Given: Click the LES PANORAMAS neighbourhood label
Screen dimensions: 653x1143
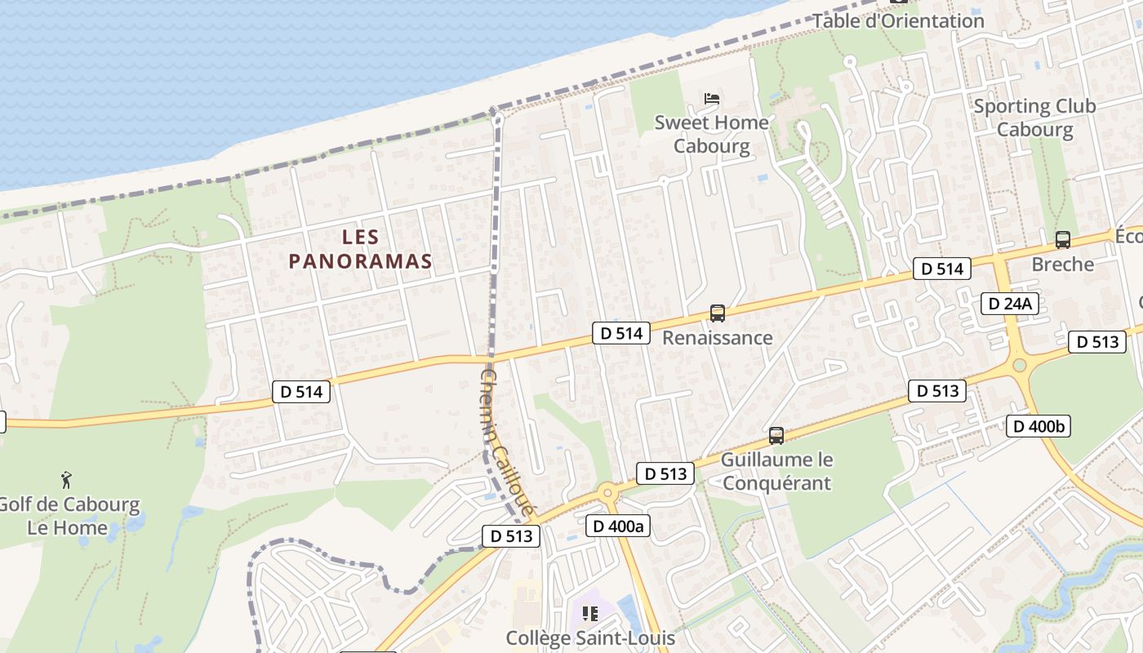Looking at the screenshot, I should (360, 249).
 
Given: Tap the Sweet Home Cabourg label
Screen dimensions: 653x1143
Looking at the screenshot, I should (712, 134).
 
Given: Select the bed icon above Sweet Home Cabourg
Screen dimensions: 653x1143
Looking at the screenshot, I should (712, 99).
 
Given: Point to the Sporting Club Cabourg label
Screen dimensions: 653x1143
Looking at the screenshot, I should (1034, 118).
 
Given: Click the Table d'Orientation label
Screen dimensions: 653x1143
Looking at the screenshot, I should (898, 21).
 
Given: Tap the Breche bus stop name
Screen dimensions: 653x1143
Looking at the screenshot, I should (1062, 264).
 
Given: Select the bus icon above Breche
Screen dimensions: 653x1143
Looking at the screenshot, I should (1062, 240).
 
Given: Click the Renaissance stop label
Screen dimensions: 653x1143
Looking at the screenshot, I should (717, 337).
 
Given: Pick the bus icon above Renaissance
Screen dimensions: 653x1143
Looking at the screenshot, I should (717, 313).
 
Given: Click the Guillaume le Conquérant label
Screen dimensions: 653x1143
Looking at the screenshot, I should (776, 471).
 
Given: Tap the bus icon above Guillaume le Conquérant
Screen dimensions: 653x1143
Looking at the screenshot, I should (776, 436).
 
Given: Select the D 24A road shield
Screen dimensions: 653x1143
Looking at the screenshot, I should (1010, 304).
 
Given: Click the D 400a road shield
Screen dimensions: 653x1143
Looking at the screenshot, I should (618, 526).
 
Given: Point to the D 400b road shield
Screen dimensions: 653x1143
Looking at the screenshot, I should (1038, 425).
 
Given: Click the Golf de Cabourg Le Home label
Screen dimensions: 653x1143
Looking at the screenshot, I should (67, 516).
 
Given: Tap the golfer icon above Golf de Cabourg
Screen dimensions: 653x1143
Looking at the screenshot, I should (67, 479).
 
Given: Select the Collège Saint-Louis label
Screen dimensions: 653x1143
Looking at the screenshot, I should (590, 637).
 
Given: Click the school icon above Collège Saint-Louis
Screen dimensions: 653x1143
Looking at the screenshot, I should (589, 613).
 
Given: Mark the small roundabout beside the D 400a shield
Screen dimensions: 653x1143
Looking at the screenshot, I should (607, 492).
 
